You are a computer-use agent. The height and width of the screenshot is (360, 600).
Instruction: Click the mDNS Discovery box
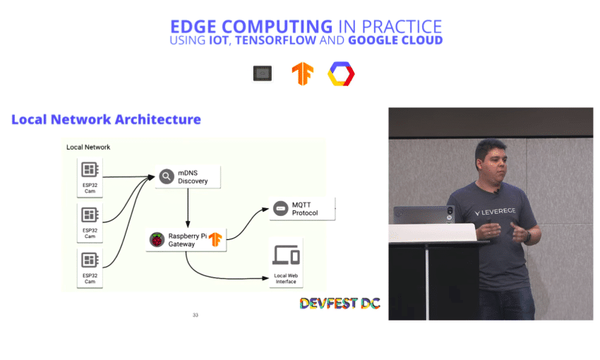[188, 176]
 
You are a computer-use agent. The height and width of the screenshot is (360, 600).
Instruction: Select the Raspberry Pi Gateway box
[186, 240]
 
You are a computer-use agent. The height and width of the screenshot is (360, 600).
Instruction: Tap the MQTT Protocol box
[302, 209]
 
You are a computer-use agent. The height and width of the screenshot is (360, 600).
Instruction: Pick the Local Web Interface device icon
[286, 255]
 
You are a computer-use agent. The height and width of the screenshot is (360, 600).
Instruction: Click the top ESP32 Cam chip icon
[90, 169]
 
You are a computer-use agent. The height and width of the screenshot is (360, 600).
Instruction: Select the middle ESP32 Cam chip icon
[90, 215]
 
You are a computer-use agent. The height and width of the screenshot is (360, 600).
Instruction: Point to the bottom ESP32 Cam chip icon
[90, 260]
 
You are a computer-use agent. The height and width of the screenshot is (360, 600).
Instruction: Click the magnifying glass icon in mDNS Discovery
[167, 176]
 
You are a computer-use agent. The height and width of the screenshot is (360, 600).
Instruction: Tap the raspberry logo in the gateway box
[157, 240]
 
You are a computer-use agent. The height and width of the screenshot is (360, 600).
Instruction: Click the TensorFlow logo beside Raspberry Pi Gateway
[215, 239]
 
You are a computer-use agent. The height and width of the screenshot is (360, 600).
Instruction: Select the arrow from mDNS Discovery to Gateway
[188, 208]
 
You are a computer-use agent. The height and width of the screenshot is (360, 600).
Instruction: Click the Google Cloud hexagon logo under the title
[341, 74]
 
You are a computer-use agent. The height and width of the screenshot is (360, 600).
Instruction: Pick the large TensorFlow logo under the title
[302, 73]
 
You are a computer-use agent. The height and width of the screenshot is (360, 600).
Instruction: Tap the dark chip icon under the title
[263, 73]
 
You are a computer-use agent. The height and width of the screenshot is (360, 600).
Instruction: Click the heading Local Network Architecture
[106, 119]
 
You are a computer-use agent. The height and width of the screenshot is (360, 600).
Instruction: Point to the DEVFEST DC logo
[340, 304]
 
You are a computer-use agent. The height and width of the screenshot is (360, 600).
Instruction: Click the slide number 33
[196, 316]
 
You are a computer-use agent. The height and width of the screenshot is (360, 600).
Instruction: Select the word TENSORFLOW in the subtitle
[275, 40]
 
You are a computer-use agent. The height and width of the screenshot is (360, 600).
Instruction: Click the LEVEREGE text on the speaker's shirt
[495, 212]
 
